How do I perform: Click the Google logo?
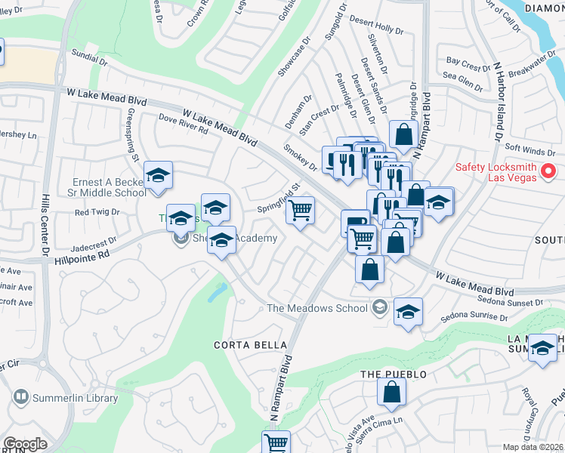(25, 444)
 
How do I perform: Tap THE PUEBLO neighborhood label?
(394, 374)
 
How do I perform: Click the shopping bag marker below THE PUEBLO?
(392, 393)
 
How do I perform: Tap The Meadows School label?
(317, 307)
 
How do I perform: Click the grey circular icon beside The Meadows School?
(379, 307)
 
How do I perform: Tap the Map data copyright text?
(533, 447)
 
